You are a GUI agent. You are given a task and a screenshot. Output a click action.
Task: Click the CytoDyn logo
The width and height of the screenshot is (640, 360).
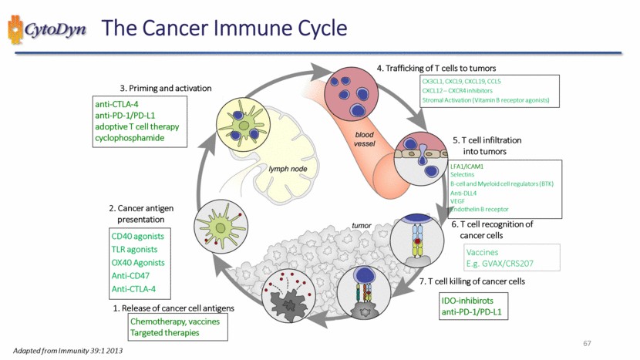[48, 29]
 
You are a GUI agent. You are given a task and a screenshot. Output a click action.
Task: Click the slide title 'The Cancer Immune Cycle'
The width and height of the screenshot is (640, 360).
[224, 29]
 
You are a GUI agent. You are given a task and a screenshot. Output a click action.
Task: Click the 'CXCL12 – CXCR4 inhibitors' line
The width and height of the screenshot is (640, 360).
[461, 90]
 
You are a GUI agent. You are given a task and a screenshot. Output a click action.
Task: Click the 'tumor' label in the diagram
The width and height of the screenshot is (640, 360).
[362, 226]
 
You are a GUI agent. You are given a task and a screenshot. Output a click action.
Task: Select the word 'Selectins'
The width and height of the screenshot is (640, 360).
[463, 176]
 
